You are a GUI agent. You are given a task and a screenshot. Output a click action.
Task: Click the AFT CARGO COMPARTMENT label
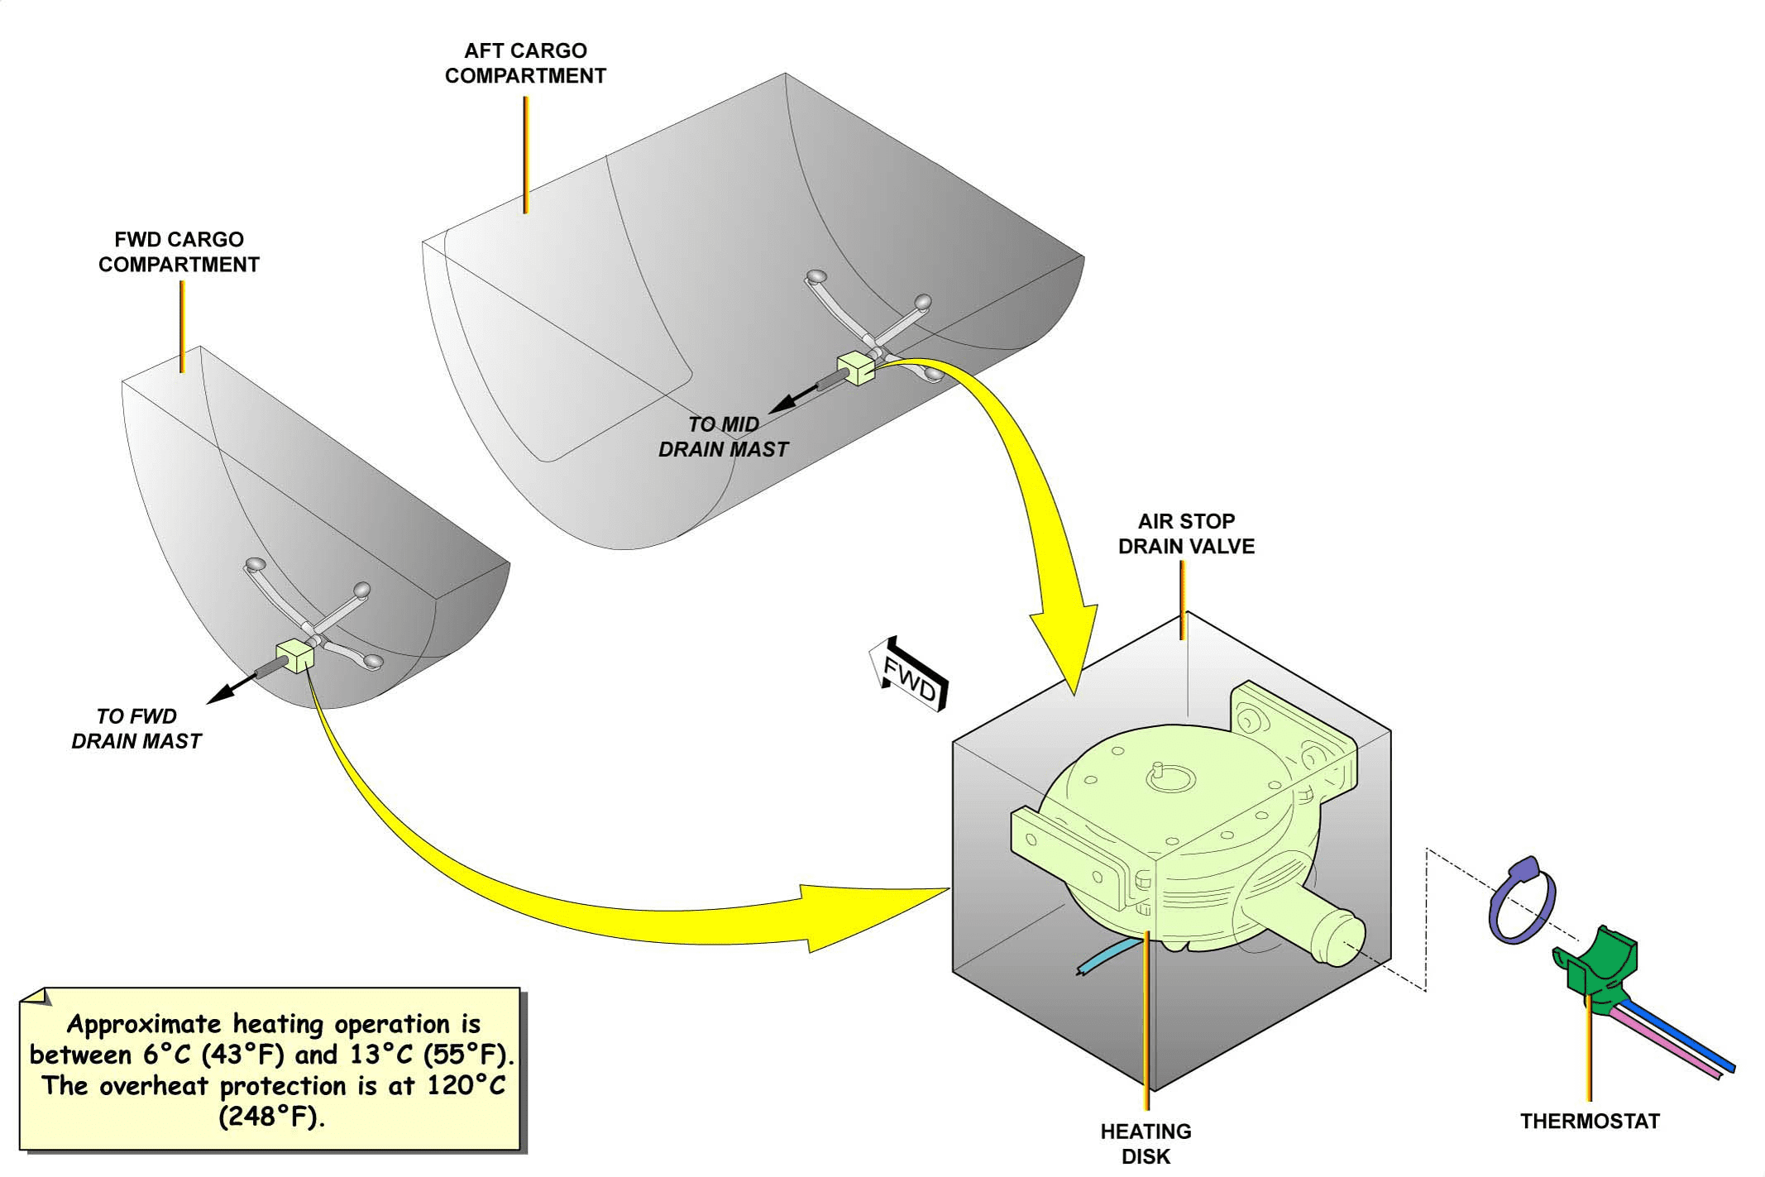pyautogui.click(x=525, y=63)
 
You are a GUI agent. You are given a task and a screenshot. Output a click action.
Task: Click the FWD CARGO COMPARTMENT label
pyautogui.click(x=179, y=252)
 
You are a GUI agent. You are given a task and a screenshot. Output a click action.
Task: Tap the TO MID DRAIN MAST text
pyautogui.click(x=723, y=437)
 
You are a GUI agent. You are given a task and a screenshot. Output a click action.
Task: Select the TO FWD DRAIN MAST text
pyautogui.click(x=136, y=729)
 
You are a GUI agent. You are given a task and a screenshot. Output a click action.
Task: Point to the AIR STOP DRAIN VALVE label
pyautogui.click(x=1186, y=533)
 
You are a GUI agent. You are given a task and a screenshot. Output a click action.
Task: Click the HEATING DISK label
pyautogui.click(x=1146, y=1143)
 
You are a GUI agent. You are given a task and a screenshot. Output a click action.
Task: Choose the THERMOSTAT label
pyautogui.click(x=1590, y=1122)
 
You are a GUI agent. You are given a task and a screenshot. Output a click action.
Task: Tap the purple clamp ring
pyautogui.click(x=1520, y=902)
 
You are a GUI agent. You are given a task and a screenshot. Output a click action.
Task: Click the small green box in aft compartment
pyautogui.click(x=856, y=367)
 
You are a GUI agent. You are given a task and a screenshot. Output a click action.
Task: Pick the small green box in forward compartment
pyautogui.click(x=296, y=655)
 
